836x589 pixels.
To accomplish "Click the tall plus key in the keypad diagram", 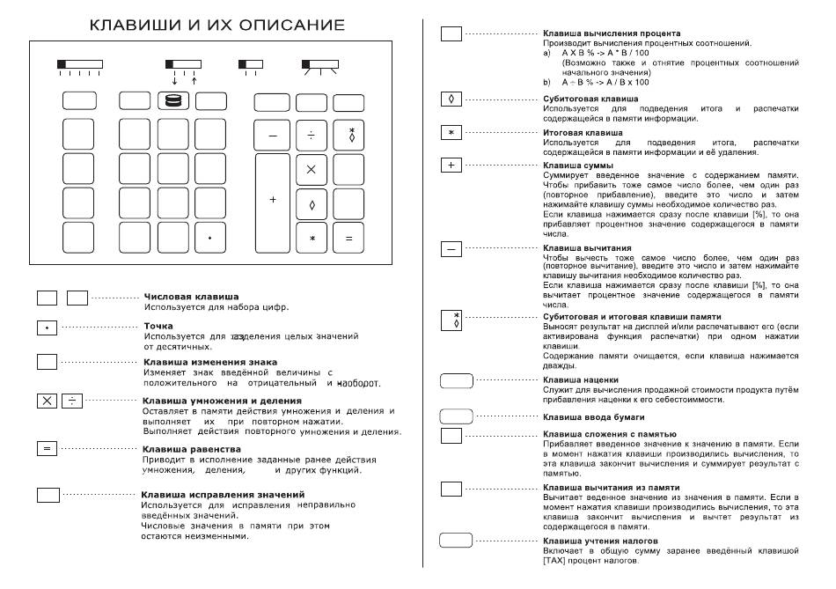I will pyautogui.click(x=272, y=200).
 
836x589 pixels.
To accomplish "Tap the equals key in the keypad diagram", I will pyautogui.click(x=348, y=238).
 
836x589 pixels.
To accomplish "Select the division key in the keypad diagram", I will pyautogui.click(x=311, y=135).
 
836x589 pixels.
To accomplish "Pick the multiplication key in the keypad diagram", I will pyautogui.click(x=311, y=168).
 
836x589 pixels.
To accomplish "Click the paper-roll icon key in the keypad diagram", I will pyautogui.click(x=172, y=101).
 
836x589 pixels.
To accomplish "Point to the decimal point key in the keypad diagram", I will pyautogui.click(x=209, y=238).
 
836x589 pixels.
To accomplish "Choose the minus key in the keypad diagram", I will pyautogui.click(x=272, y=135).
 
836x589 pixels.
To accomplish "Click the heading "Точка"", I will pyautogui.click(x=158, y=326).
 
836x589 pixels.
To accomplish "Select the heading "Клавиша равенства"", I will pyautogui.click(x=190, y=449).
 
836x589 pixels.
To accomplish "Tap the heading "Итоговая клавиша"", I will pyautogui.click(x=583, y=132).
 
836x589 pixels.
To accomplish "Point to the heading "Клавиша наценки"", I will pyautogui.click(x=581, y=380).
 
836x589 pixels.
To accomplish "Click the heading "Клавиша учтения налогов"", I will pyautogui.click(x=600, y=541).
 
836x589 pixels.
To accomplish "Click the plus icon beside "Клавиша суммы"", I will pyautogui.click(x=451, y=165).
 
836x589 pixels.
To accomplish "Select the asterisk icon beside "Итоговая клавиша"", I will pyautogui.click(x=451, y=132).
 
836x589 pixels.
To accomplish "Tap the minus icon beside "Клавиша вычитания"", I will pyautogui.click(x=451, y=249).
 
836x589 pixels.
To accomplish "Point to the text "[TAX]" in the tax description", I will pyautogui.click(x=555, y=561).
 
